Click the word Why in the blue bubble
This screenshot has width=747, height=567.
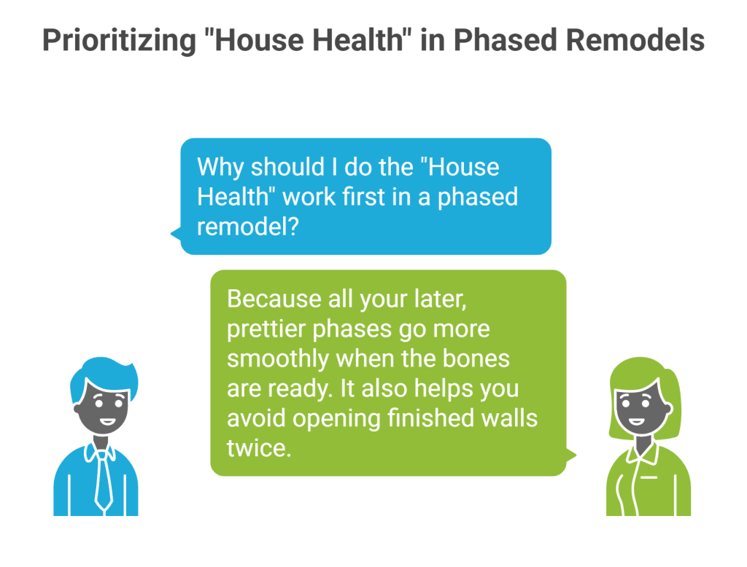[221, 167]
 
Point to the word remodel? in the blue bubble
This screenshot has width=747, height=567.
[247, 226]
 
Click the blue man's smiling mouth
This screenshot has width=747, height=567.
[107, 421]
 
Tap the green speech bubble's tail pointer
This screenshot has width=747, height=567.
[570, 455]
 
